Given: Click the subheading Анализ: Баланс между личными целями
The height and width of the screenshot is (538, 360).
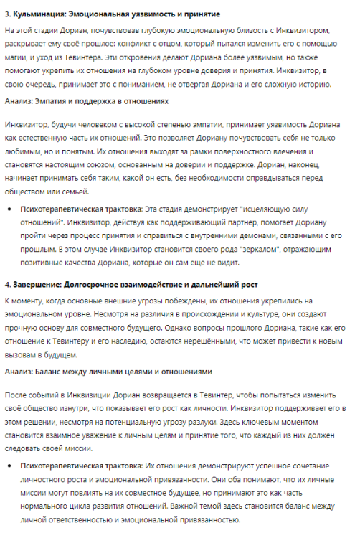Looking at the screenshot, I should tap(108, 372).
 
